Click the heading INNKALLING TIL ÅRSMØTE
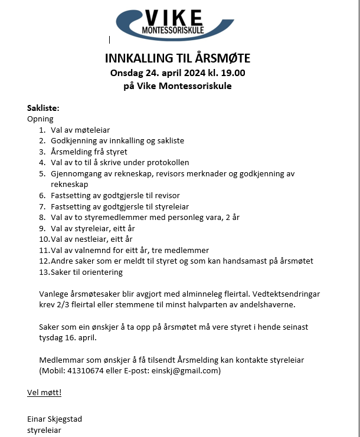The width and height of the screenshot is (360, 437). tap(178, 58)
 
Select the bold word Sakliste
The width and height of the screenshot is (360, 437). tap(43, 108)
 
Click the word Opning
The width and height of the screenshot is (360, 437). tap(40, 119)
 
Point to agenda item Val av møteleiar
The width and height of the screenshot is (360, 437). tap(80, 130)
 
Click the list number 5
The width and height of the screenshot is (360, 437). tap(42, 173)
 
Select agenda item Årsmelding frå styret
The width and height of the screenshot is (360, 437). tap(89, 152)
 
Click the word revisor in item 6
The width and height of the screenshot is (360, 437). tap(166, 195)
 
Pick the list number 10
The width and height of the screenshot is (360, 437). tap(44, 239)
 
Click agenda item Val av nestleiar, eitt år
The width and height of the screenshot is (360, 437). tap(91, 239)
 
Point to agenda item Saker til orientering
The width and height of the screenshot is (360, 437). tap(87, 272)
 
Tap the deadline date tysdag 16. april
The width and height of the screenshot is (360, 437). tap(68, 337)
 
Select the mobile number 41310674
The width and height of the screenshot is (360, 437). tap(83, 371)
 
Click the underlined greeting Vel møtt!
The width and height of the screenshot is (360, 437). tap(44, 392)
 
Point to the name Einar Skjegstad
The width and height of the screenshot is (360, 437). tap(55, 419)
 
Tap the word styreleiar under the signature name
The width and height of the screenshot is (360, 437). tap(44, 430)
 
